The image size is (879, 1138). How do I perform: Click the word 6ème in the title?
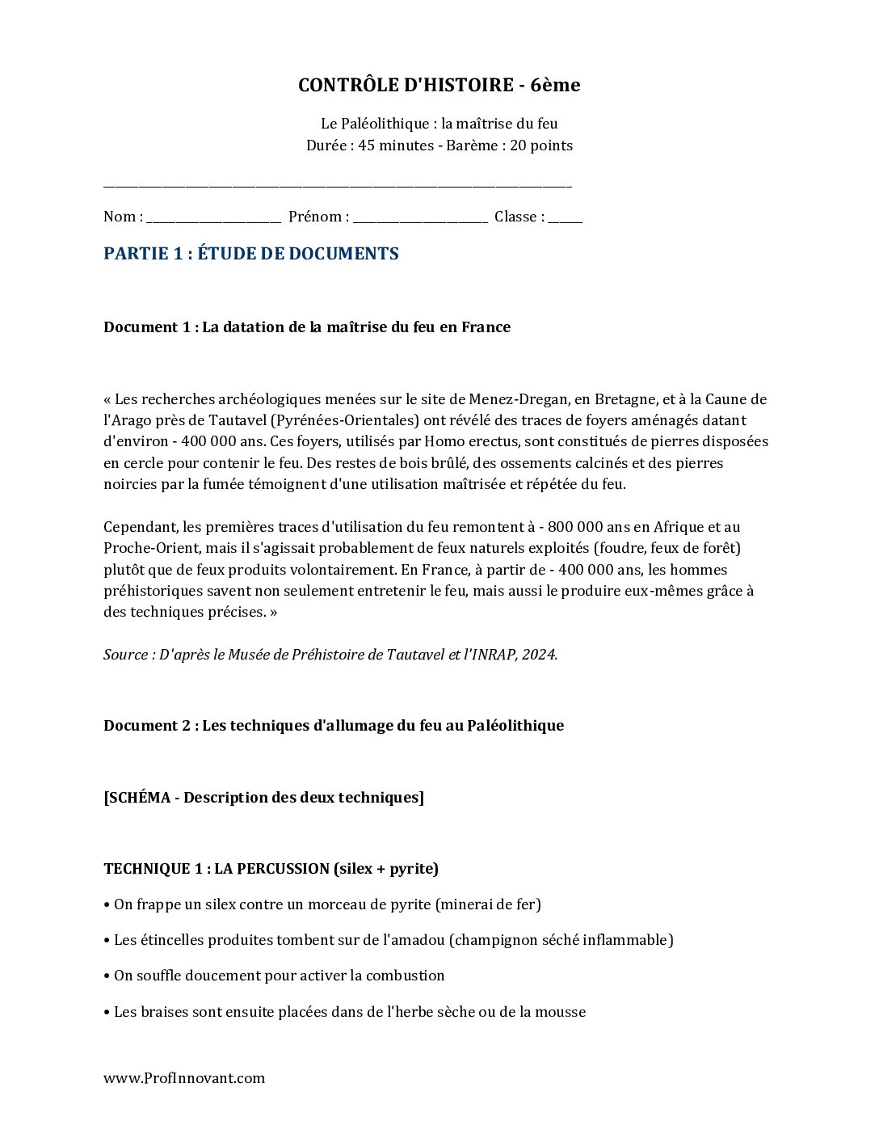pyautogui.click(x=556, y=85)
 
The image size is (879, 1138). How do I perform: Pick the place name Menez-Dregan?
pyautogui.click(x=518, y=399)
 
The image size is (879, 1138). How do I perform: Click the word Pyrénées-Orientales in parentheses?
pyautogui.click(x=344, y=420)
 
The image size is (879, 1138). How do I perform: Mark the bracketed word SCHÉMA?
pyautogui.click(x=138, y=798)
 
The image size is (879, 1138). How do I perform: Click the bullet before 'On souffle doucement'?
pyautogui.click(x=107, y=976)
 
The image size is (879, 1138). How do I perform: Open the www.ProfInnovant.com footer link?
pyautogui.click(x=184, y=1078)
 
